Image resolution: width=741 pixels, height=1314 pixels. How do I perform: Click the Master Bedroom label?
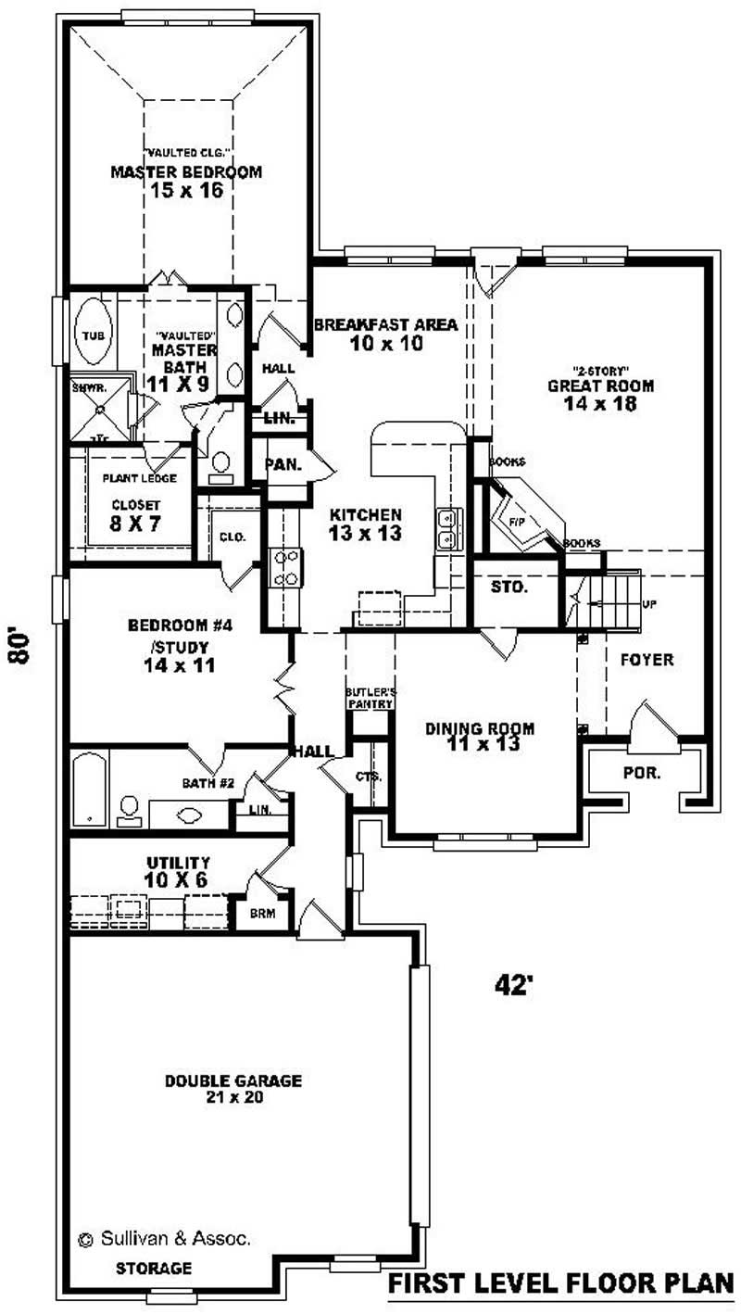point(186,171)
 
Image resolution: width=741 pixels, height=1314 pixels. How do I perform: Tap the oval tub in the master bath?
point(93,334)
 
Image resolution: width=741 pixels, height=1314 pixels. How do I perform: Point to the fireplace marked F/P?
point(520,520)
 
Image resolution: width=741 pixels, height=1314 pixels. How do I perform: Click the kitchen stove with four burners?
point(283,567)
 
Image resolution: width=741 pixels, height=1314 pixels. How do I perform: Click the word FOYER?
point(647,660)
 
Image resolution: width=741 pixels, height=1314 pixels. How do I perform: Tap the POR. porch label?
point(642,771)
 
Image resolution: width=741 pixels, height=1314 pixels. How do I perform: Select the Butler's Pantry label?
point(370,698)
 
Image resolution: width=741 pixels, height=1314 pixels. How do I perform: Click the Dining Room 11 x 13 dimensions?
point(480,743)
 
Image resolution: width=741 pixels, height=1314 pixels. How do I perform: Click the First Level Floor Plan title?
point(560,1283)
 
